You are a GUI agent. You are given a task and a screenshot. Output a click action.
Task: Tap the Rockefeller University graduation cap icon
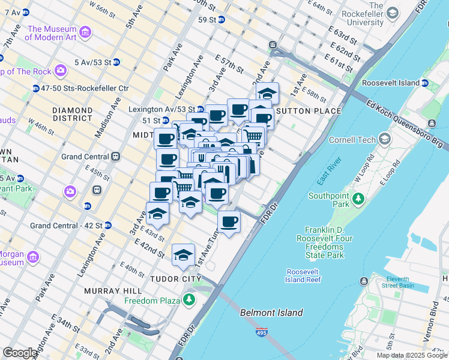click(393, 13)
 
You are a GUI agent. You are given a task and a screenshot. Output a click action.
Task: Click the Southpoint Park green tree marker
click(358, 197)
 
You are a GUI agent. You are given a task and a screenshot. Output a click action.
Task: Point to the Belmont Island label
click(271, 313)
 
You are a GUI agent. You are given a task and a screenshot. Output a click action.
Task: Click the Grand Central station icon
click(115, 157)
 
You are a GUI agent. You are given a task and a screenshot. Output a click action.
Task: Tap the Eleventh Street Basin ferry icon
click(364, 281)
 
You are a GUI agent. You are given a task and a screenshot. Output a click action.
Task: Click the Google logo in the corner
click(20, 353)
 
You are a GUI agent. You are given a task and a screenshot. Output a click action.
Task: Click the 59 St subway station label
click(206, 20)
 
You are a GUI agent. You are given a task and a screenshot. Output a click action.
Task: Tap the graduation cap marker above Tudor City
click(183, 256)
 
